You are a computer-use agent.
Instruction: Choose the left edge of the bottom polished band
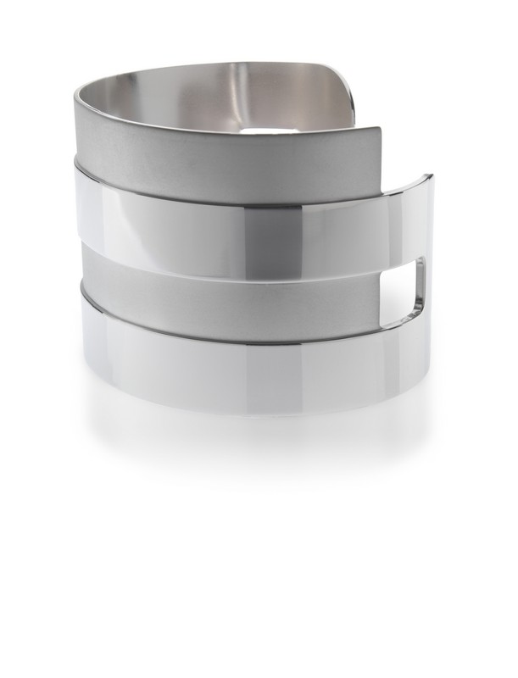point(81,339)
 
